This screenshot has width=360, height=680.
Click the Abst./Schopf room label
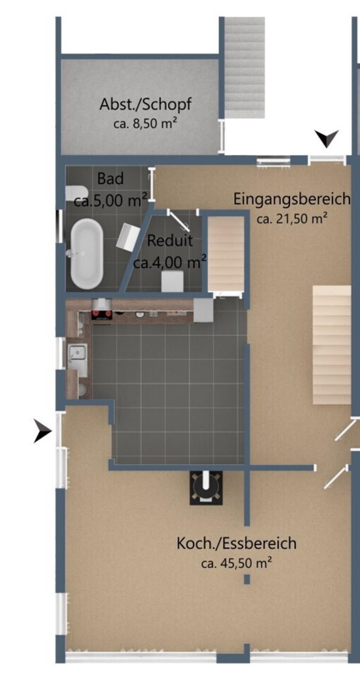(x=146, y=104)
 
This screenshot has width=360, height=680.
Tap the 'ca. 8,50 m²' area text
(x=145, y=124)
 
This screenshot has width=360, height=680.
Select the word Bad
(x=110, y=178)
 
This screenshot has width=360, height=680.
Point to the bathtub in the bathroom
(x=87, y=254)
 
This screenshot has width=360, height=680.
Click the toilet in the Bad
(x=77, y=193)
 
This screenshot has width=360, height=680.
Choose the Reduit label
(x=170, y=241)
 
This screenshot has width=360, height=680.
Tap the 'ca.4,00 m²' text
(x=170, y=262)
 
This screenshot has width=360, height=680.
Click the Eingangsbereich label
(x=291, y=199)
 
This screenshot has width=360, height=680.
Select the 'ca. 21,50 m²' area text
(x=292, y=218)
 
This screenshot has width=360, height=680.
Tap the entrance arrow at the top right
(x=326, y=139)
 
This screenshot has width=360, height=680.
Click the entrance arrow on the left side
(x=42, y=431)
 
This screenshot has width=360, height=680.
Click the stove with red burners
(x=102, y=315)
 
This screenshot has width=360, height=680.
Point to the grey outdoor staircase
(x=245, y=68)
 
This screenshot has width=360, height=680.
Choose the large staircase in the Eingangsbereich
(x=332, y=345)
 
